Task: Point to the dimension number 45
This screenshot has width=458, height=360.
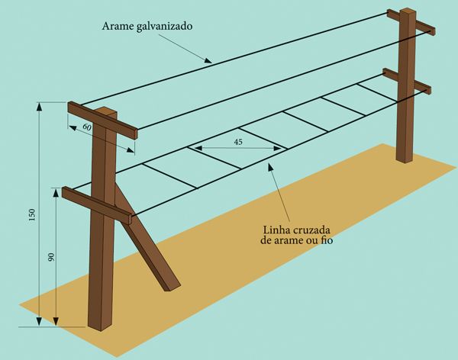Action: (240, 142)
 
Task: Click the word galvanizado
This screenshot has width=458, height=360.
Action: (165, 25)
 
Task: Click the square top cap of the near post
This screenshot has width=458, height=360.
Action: (106, 113)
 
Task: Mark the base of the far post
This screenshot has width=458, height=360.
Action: (404, 157)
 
